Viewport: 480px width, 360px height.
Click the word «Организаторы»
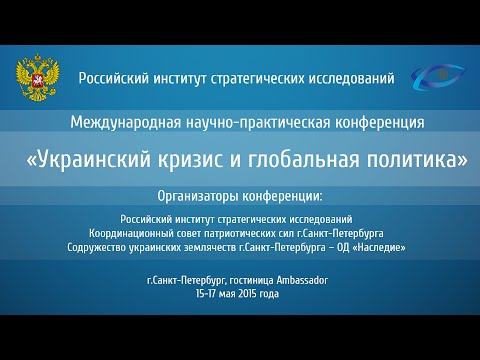point(205,193)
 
